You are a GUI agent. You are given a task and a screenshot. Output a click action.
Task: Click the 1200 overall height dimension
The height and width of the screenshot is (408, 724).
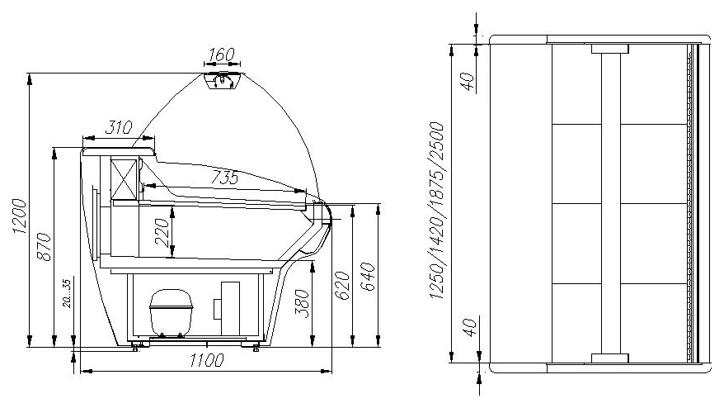20,216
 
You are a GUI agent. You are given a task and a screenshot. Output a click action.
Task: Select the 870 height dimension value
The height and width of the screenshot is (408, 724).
45,247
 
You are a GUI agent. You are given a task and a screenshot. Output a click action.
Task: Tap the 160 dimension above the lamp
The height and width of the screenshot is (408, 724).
222,55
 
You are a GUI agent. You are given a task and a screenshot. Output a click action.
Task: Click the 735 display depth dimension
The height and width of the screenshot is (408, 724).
225,178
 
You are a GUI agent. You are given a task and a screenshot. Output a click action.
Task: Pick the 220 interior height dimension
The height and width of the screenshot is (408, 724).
162,231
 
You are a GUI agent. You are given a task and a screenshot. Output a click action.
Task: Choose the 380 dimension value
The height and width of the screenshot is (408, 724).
302,303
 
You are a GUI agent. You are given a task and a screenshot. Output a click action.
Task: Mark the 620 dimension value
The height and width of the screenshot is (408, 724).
342,286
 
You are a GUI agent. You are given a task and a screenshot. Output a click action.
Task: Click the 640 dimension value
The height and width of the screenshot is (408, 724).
367,277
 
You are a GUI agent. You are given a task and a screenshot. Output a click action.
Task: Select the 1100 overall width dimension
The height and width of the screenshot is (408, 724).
206,360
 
